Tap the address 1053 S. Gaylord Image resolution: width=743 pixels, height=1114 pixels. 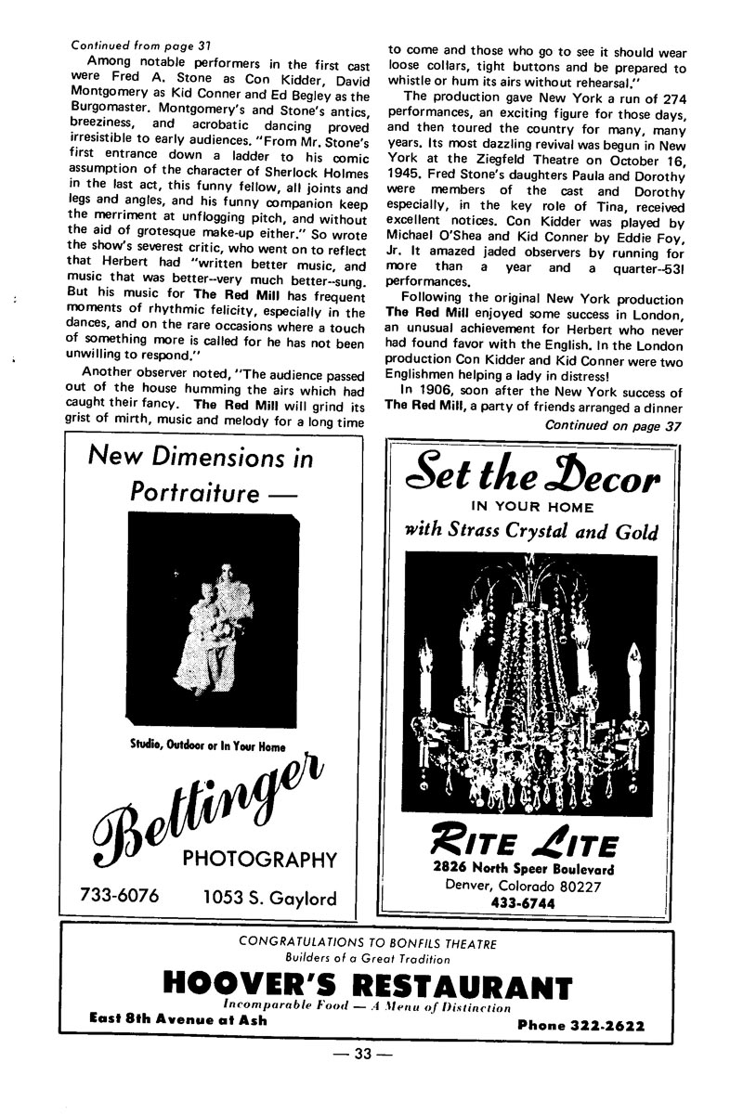(269, 898)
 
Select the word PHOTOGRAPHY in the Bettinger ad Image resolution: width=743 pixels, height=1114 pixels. (259, 857)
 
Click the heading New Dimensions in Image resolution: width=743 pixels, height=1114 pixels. (201, 458)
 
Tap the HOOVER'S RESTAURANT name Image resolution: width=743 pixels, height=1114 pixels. (367, 985)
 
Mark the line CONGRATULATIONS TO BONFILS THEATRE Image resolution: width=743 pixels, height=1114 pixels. (368, 942)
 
